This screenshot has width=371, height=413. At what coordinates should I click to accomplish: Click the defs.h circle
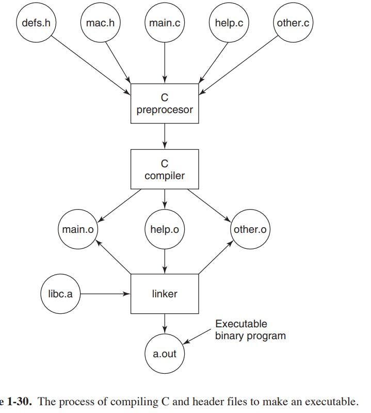point(36,22)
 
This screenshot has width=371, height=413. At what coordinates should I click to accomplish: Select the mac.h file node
point(100,22)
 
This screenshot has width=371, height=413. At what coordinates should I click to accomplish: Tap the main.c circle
point(165,22)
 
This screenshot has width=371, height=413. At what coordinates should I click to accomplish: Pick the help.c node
point(229,22)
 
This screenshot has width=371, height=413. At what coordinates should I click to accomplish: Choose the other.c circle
point(293,22)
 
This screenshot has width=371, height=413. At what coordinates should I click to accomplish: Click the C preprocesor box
point(165,104)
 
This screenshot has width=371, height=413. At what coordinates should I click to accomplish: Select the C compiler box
point(165,169)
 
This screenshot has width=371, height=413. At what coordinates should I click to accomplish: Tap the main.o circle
point(78,229)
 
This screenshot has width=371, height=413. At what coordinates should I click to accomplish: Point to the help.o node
point(165,229)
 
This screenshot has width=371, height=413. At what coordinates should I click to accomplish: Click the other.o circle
point(250,229)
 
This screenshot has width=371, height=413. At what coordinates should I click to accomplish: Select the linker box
point(165,294)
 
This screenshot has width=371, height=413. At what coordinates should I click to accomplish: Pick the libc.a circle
point(60,294)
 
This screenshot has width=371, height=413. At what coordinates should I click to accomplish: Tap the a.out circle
point(165,354)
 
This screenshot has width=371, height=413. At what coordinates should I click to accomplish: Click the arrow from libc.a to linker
point(105,294)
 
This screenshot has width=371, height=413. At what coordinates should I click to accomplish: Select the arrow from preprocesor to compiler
point(165,136)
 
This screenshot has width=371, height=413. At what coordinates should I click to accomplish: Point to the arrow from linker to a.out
point(165,324)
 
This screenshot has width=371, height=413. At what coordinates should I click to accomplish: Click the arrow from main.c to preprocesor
point(165,63)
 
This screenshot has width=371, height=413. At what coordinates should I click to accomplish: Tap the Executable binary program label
point(250,330)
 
